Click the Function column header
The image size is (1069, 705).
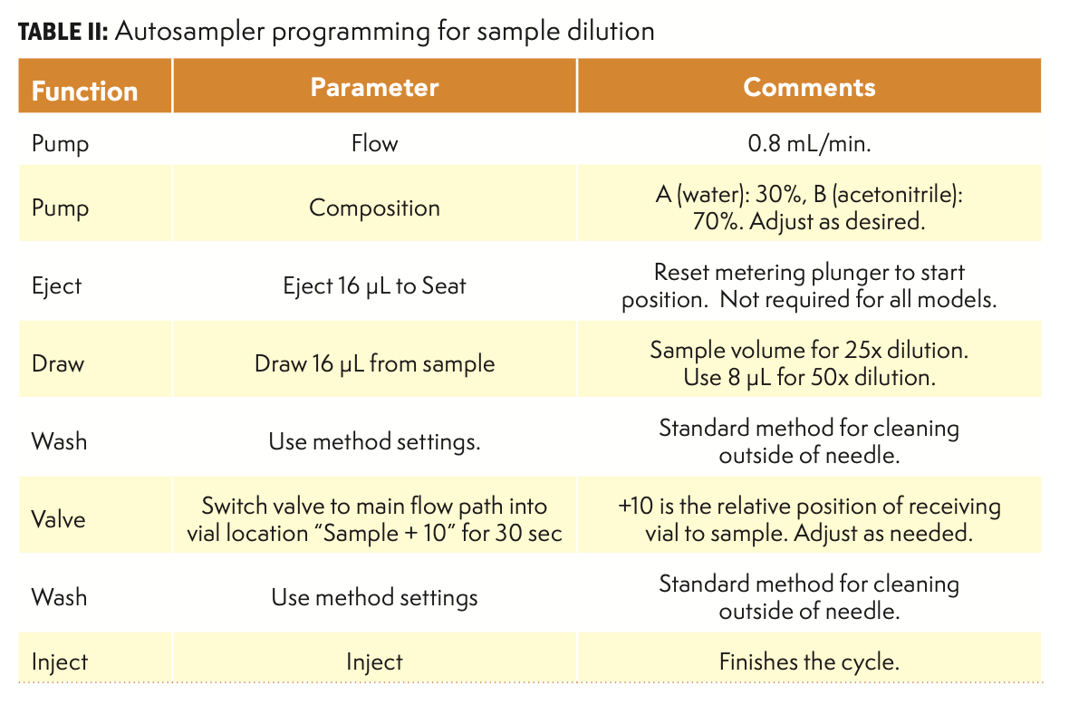(x=84, y=91)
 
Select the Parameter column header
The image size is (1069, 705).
(x=374, y=87)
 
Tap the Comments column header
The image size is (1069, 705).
(x=809, y=87)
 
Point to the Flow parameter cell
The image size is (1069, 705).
(x=374, y=143)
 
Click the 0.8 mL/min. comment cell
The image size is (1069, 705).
(x=809, y=143)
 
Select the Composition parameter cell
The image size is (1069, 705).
(x=374, y=208)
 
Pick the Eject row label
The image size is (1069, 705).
(x=56, y=286)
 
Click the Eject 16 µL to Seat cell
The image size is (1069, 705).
(x=374, y=286)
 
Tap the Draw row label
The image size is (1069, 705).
(x=57, y=364)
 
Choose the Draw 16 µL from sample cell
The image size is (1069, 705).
(x=374, y=364)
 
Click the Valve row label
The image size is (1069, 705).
(x=58, y=519)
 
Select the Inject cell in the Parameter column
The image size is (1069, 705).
(x=374, y=662)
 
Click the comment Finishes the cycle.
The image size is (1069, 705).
(x=809, y=662)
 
